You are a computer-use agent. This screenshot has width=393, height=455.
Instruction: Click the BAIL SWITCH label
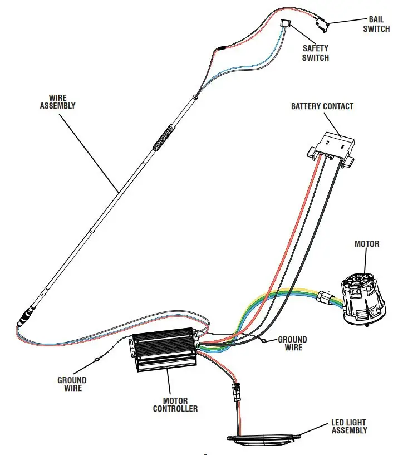376,24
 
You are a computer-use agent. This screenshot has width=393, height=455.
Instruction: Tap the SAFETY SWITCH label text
316,53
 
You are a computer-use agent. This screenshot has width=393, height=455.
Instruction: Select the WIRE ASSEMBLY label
57,101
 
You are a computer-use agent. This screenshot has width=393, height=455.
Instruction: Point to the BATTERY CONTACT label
322,106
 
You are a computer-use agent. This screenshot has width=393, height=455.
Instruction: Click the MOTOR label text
367,244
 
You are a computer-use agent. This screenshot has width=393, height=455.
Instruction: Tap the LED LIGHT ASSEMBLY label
349,427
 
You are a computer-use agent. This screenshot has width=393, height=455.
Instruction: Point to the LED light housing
264,438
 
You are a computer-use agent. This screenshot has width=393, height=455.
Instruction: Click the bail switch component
321,23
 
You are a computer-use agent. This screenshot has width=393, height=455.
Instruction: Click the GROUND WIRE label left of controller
72,384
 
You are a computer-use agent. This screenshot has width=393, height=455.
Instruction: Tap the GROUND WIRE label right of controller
292,343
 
